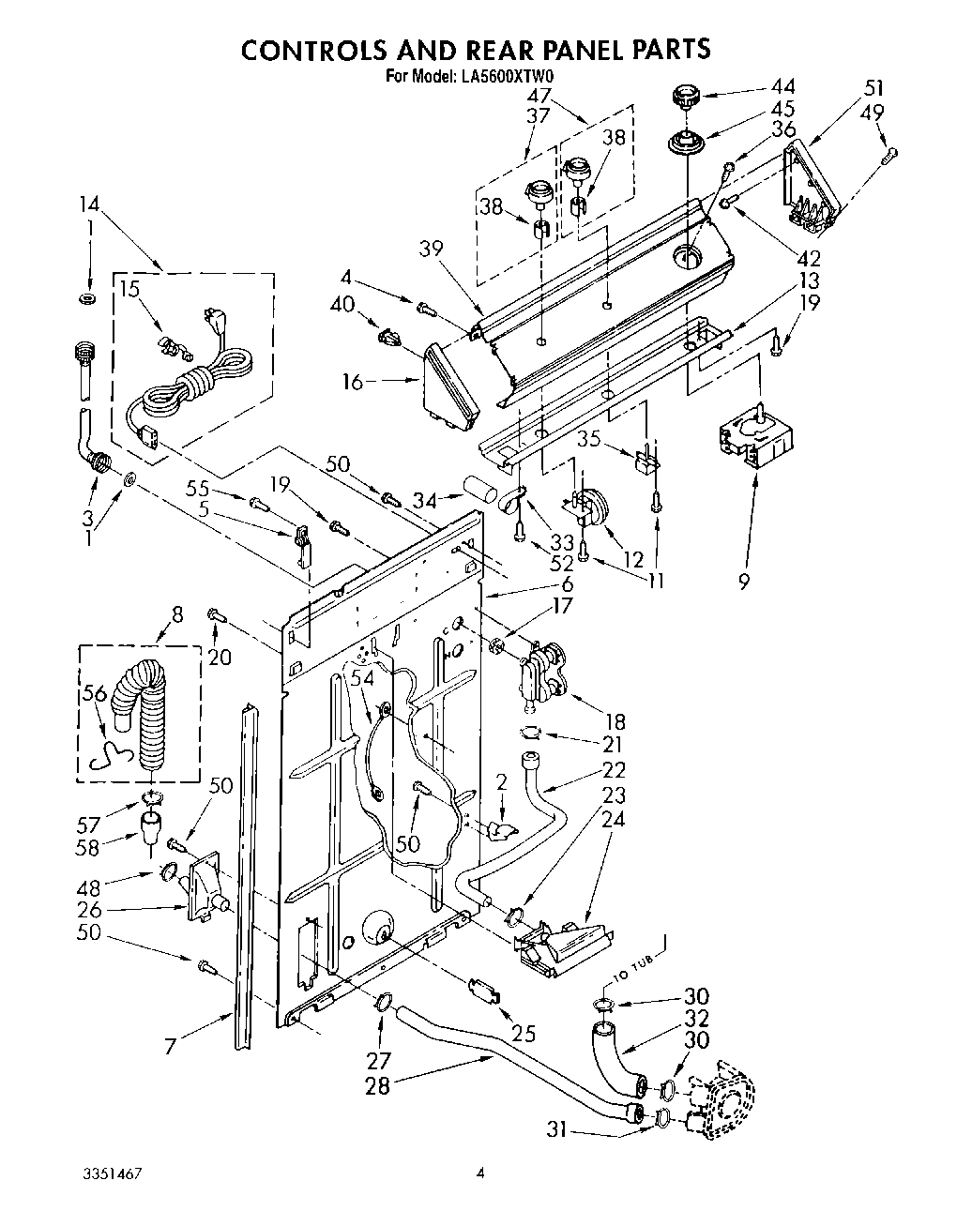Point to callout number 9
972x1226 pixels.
(x=743, y=583)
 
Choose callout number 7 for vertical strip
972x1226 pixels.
(x=171, y=1046)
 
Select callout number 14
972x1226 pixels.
(x=88, y=204)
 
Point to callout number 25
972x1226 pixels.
(x=524, y=1034)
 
